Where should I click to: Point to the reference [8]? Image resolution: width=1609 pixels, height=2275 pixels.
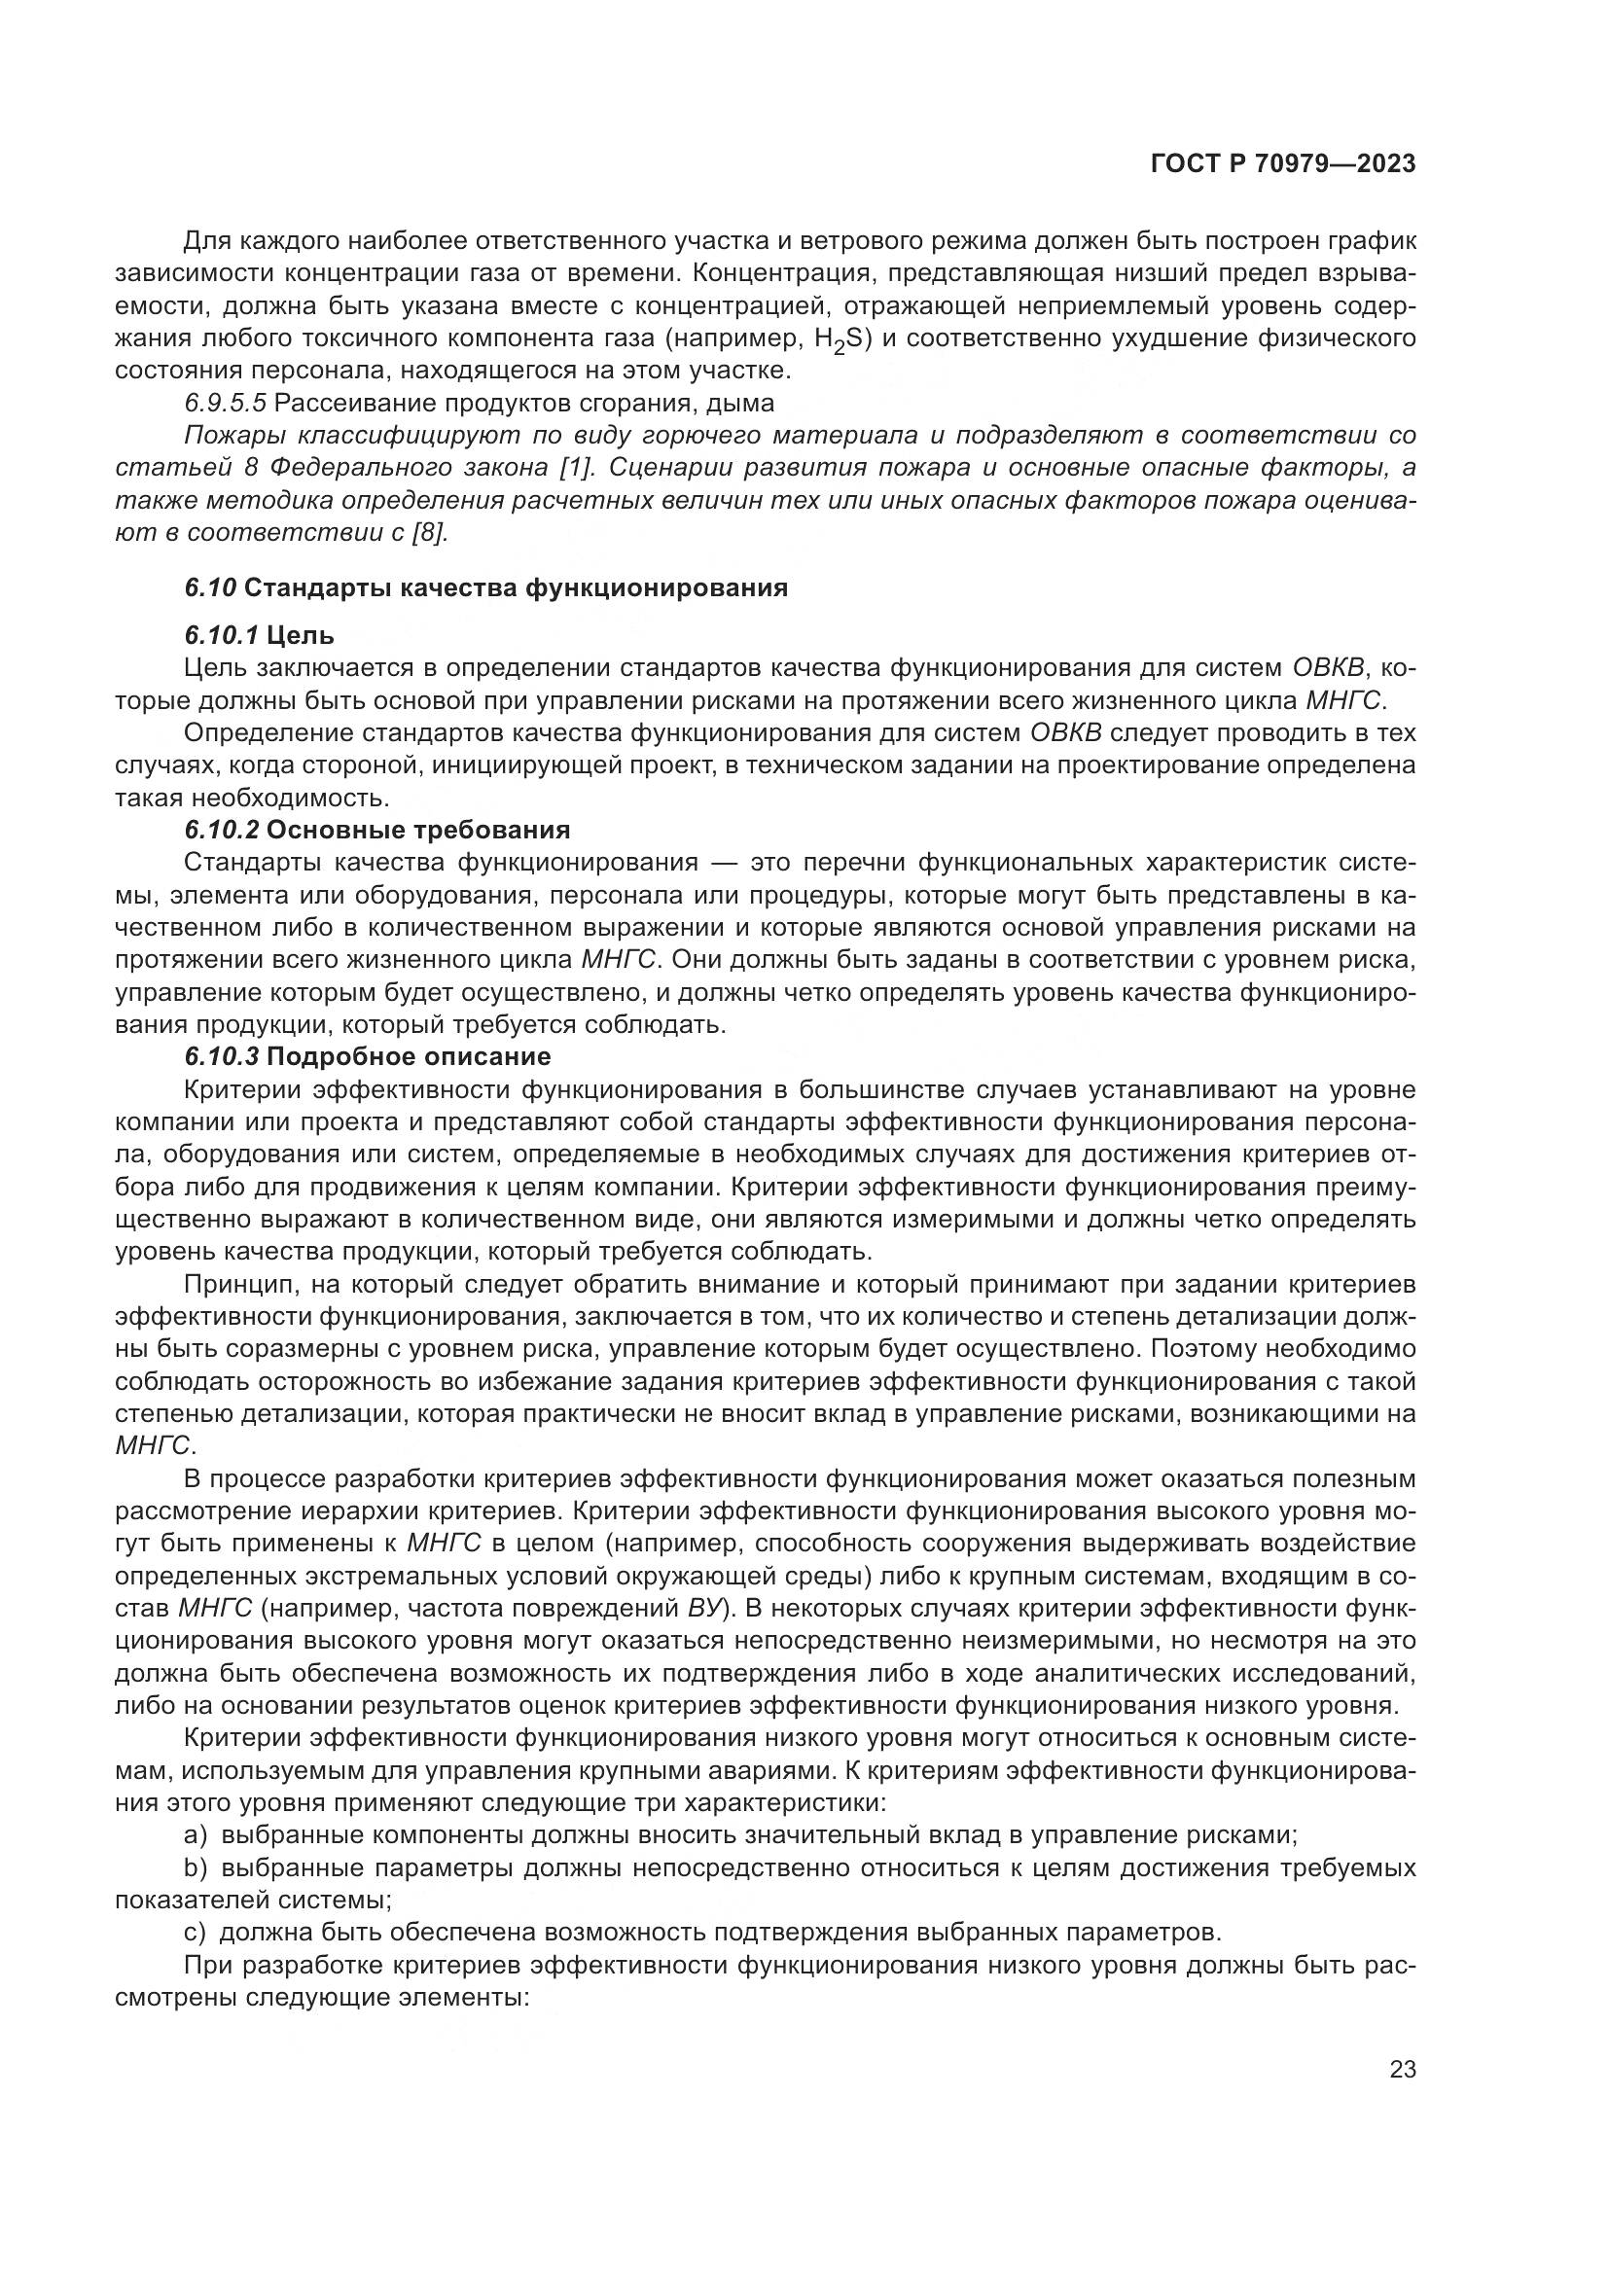430,532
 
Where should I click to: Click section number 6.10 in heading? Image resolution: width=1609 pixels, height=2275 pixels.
210,587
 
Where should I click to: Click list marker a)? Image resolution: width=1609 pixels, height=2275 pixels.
196,1834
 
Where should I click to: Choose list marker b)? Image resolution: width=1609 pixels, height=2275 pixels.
196,1868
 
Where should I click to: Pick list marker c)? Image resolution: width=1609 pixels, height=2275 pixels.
195,1932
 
